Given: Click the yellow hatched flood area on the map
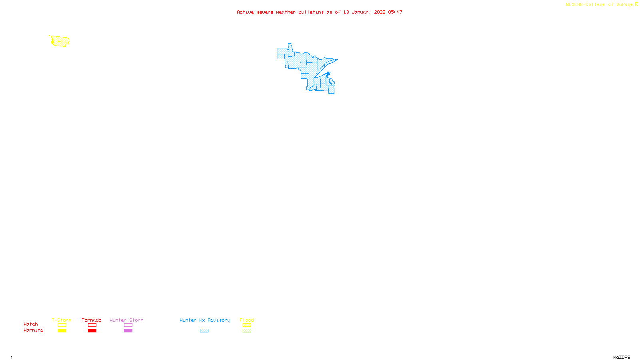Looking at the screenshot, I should coord(60,41).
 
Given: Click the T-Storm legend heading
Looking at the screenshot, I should coord(62,320).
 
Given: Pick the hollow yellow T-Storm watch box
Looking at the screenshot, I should coord(62,325).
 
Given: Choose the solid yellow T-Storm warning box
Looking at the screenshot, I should coord(62,330).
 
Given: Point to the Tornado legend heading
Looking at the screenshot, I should coord(92,320).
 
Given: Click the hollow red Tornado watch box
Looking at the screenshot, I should coord(92,325).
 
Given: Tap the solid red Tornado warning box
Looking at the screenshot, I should coord(92,330).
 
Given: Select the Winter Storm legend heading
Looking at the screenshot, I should coord(126,320).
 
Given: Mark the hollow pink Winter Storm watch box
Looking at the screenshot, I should coord(128,325).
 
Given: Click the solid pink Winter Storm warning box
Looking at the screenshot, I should coord(128,330).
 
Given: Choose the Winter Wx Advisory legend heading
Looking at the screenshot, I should coord(205,320).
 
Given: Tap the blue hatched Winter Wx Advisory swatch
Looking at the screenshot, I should coord(204,330).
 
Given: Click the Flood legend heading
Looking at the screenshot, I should coord(247,320).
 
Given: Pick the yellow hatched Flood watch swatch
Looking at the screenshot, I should coord(247,325).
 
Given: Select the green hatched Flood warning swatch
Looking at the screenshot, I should coord(247,330).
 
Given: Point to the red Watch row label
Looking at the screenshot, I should coord(31,324).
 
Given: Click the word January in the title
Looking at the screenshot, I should coord(361,12).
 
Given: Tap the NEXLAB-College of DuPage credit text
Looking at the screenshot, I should coord(599,5).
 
